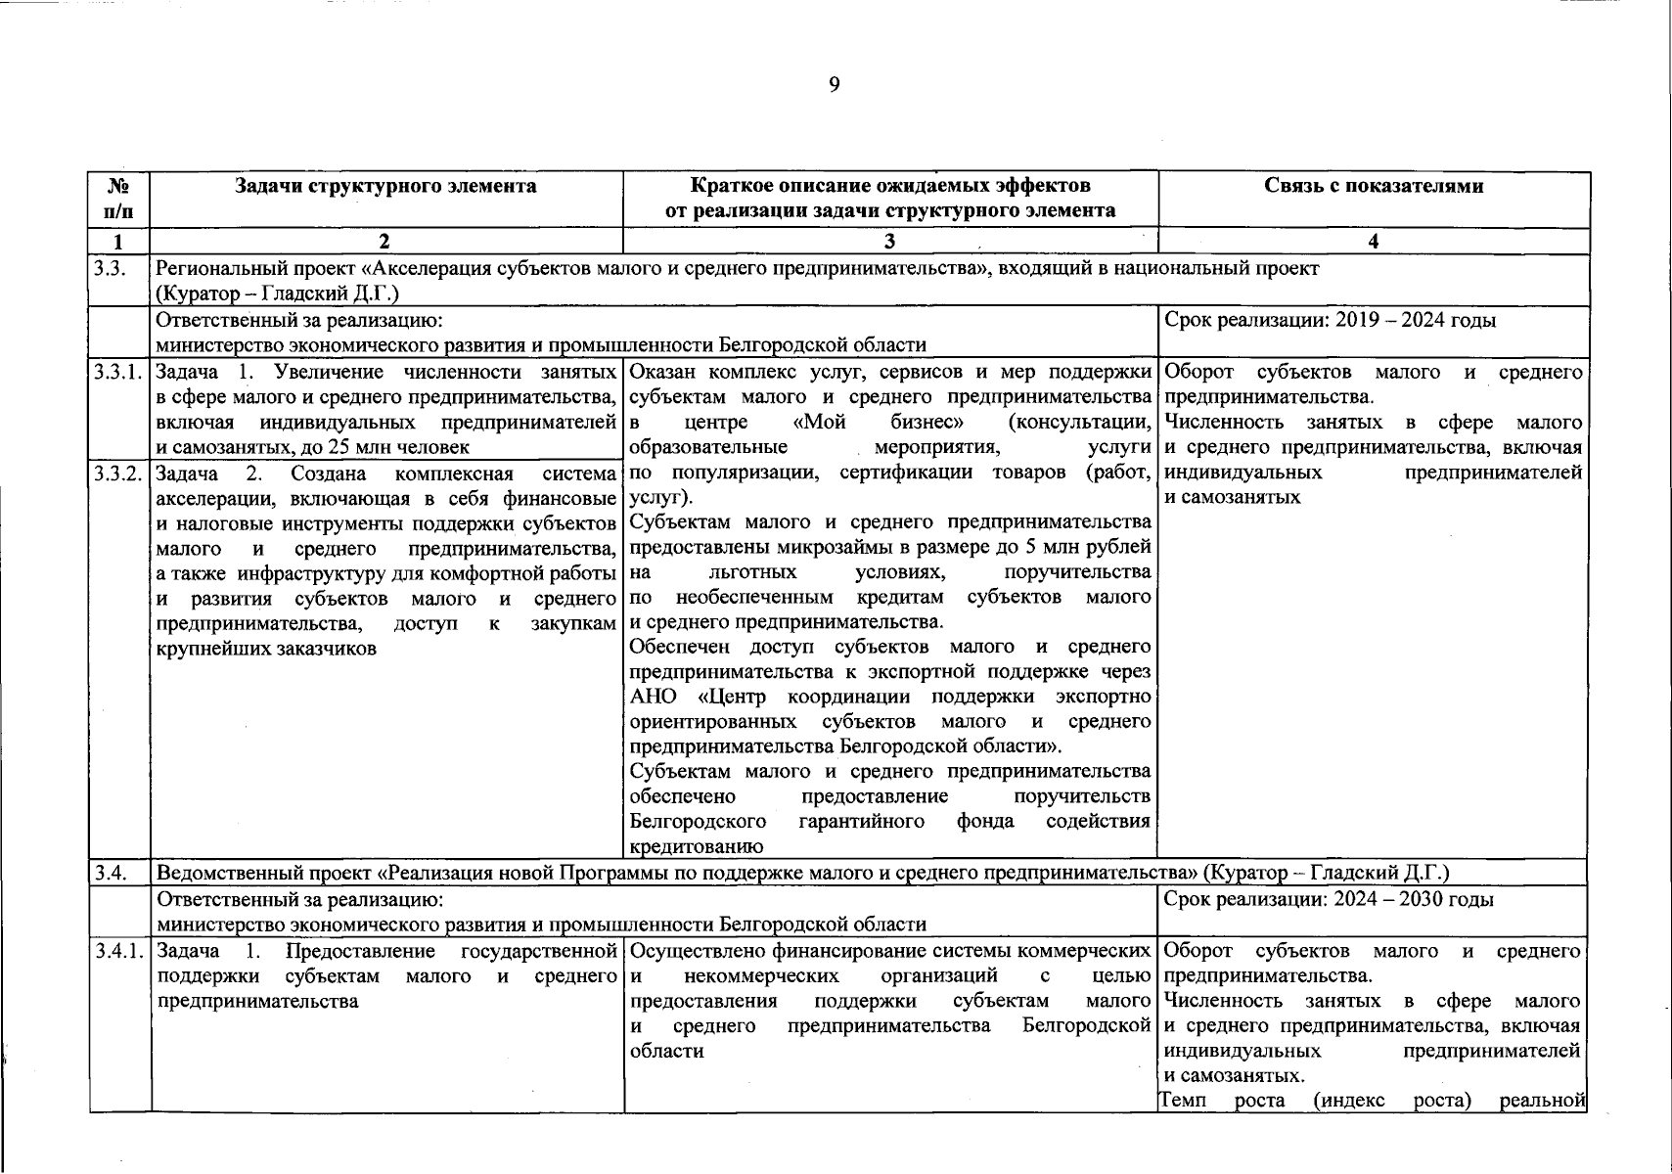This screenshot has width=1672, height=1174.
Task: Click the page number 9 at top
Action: pyautogui.click(x=834, y=85)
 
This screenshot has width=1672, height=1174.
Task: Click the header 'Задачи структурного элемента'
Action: pyautogui.click(x=385, y=186)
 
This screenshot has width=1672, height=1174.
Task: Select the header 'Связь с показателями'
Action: pyautogui.click(x=1373, y=186)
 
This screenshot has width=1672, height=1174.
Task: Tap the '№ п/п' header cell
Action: pyautogui.click(x=118, y=198)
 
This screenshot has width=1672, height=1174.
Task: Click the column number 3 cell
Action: pyautogui.click(x=888, y=242)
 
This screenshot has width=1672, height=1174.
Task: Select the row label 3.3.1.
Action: pyautogui.click(x=118, y=373)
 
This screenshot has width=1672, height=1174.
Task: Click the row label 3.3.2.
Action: pyautogui.click(x=118, y=474)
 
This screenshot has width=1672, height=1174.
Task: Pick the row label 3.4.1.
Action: pyautogui.click(x=118, y=951)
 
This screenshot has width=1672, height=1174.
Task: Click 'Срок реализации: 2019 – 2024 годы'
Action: pyautogui.click(x=1330, y=320)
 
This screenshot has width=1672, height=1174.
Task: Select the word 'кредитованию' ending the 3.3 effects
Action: pyautogui.click(x=696, y=847)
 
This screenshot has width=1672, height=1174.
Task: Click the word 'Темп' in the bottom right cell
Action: pyautogui.click(x=1185, y=1101)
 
